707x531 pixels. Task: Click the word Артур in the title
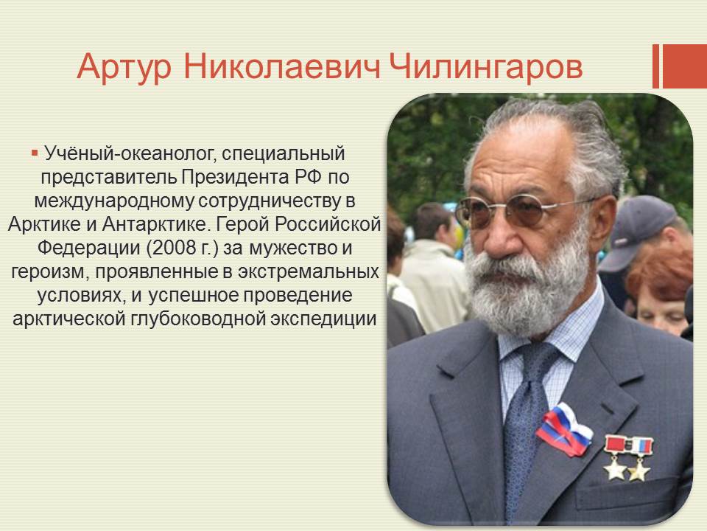pos(124,68)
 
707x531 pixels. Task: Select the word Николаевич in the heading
pos(282,67)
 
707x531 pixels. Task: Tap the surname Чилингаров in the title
pos(485,68)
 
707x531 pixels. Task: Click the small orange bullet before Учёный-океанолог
pos(35,153)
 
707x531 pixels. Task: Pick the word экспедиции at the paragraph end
pos(323,319)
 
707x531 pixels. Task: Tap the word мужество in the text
pos(292,248)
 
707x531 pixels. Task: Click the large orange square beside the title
pos(684,66)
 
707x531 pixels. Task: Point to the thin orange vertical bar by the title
pos(655,66)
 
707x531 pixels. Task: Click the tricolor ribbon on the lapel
pos(565,429)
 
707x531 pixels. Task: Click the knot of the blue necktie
pos(540,361)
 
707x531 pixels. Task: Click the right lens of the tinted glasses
pos(525,211)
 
